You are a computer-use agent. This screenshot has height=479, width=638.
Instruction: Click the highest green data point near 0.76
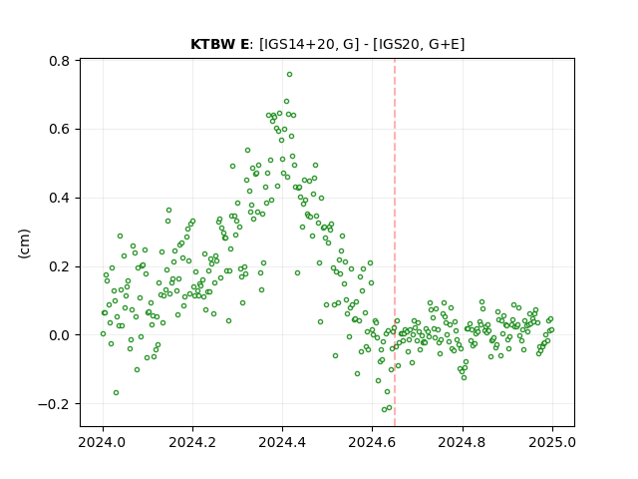click(289, 75)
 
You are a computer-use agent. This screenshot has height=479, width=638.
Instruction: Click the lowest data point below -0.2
click(384, 409)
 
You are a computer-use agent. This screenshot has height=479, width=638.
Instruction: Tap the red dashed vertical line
click(395, 242)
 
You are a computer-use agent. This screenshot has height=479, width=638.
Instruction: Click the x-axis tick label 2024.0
click(103, 442)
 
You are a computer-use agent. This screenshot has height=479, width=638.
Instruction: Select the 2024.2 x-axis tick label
click(192, 442)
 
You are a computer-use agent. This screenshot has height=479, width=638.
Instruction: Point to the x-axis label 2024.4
click(282, 442)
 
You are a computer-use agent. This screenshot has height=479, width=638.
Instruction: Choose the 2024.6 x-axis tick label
click(372, 442)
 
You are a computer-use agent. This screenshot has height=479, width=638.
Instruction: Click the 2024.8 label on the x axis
click(462, 442)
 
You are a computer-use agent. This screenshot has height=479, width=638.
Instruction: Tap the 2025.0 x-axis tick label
click(552, 442)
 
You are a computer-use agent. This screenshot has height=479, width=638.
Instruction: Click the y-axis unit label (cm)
click(24, 243)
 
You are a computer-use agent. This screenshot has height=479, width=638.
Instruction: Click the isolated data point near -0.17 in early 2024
click(116, 392)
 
